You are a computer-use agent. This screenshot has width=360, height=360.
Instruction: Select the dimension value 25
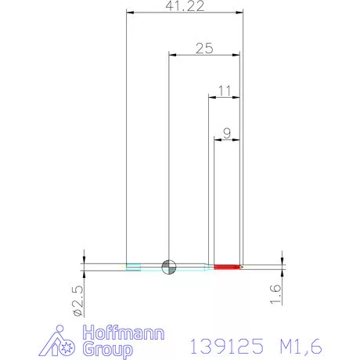click(204, 49)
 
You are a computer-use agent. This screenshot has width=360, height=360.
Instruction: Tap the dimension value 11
click(225, 91)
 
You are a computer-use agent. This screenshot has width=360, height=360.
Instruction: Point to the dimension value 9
click(227, 134)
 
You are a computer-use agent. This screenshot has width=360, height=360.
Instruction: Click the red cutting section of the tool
click(226, 267)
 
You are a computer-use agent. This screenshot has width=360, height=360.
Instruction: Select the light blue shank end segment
click(134, 267)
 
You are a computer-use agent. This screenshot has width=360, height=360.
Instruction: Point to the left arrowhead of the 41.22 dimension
click(130, 13)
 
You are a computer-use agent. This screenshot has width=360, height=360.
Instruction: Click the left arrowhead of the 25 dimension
click(173, 55)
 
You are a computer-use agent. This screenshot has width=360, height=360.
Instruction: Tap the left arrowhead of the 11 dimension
click(211, 97)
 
